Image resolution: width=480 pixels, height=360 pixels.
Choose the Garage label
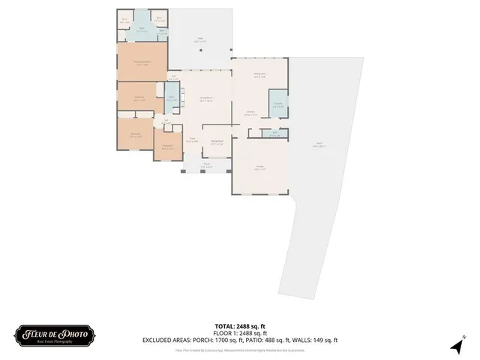259,169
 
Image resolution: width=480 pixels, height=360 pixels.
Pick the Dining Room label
217,141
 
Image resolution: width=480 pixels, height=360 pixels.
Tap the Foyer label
192,140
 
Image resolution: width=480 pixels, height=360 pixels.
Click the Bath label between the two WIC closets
141,30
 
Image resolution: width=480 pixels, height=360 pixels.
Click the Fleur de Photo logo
54,334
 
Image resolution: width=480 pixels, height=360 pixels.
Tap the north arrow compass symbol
456,346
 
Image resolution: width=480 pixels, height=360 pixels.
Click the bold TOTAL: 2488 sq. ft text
240,326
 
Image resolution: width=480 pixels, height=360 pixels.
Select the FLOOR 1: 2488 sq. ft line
240,333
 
